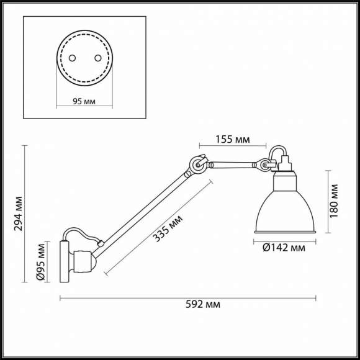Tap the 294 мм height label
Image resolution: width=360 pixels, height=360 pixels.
(x=19, y=213)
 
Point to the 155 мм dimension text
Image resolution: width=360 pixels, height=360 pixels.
(x=233, y=139)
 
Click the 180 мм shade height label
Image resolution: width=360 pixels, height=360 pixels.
(x=335, y=199)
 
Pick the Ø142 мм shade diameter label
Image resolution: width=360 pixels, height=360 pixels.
(x=284, y=248)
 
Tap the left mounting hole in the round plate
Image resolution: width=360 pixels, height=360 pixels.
(x=72, y=57)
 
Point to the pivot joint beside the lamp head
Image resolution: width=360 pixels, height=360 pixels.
(x=266, y=165)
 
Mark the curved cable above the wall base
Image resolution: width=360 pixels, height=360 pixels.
(x=81, y=233)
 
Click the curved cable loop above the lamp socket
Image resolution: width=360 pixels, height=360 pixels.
(x=277, y=151)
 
